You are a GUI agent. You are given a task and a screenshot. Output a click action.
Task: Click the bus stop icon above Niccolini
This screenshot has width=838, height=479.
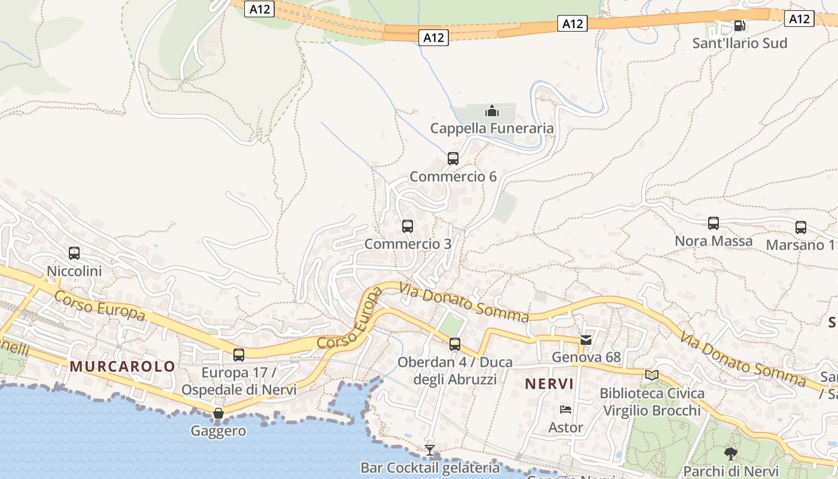74,253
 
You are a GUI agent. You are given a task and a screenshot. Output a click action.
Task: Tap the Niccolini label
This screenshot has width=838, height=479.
74,271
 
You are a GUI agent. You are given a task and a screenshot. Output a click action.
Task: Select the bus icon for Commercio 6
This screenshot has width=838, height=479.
453,159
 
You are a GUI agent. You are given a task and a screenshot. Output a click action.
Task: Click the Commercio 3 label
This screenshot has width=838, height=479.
408,244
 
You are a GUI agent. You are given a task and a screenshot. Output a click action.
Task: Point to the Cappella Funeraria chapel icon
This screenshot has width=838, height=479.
492,111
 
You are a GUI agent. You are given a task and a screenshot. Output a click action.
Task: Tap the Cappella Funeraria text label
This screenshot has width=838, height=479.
492,129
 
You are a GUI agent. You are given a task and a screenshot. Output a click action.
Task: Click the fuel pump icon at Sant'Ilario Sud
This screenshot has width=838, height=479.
740,25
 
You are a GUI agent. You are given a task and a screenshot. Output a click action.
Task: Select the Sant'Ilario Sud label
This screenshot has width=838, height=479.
740,43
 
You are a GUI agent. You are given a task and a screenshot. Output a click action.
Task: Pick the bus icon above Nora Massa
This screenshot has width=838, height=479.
713,223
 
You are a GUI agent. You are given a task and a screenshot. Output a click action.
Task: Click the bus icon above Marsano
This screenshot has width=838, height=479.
801,228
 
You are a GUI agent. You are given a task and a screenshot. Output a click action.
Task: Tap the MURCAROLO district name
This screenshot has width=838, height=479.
123,366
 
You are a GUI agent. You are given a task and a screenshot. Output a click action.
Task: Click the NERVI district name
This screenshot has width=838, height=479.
549,384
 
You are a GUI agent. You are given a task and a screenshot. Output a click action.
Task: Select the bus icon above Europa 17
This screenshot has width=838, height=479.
239,355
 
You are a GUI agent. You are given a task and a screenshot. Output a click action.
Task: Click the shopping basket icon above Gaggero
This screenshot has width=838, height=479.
218,413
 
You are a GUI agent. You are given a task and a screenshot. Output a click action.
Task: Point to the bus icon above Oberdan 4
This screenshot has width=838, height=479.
455,344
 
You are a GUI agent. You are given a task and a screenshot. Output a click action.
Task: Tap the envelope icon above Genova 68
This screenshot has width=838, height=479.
586,340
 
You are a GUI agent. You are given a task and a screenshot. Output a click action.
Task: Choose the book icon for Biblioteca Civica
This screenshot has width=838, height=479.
652,375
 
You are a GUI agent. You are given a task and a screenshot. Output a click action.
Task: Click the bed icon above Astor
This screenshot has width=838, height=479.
566,410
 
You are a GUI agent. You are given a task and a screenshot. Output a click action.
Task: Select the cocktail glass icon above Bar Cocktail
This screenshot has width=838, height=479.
430,450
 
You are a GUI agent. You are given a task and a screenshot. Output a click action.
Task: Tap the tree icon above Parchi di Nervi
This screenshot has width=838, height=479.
730,453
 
